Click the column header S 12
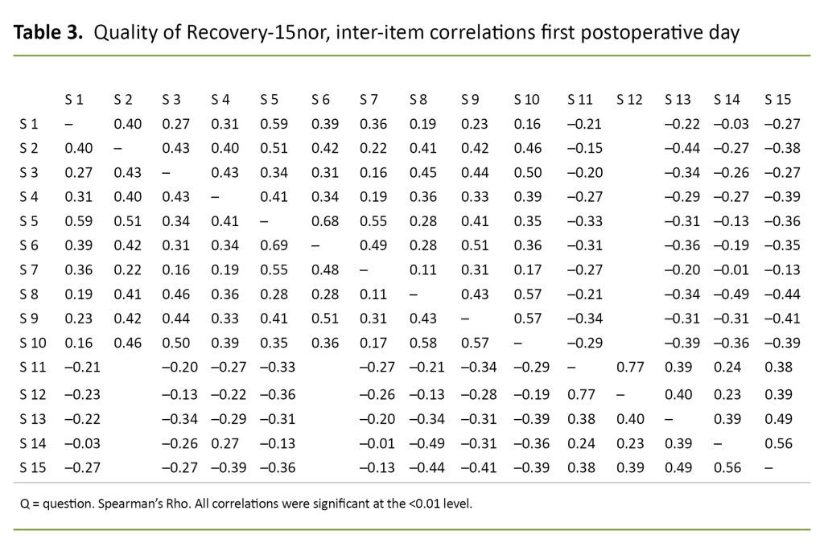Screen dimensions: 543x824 (x=629, y=100)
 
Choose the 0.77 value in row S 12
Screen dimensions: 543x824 (x=579, y=394)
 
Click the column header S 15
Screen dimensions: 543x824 (x=777, y=100)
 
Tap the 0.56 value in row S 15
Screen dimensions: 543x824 (x=727, y=467)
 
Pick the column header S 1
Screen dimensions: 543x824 (x=74, y=100)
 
